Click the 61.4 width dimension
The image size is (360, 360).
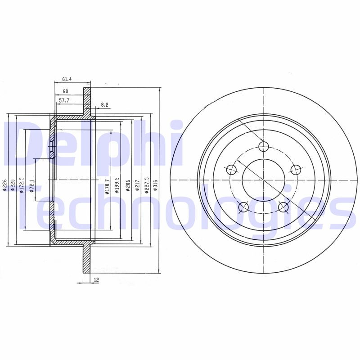[x=67, y=79]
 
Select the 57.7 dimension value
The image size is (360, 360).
[x=64, y=101]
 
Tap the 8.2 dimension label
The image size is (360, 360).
[x=104, y=105]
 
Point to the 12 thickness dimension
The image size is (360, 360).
[x=96, y=280]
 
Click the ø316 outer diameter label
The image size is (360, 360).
[x=155, y=185]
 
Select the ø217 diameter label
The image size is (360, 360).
[x=135, y=185]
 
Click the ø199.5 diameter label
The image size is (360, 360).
[x=116, y=184]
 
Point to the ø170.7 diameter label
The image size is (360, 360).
[x=106, y=185]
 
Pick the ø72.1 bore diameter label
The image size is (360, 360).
[x=31, y=185]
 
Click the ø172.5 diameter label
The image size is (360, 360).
[x=21, y=185]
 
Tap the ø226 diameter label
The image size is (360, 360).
[x=4, y=185]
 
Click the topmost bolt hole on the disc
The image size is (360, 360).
[x=264, y=146]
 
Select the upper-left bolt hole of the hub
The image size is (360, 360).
[x=231, y=170]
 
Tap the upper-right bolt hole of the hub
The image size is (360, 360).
[x=296, y=170]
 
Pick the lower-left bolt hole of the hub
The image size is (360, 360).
[x=243, y=207]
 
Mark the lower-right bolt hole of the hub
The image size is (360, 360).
[x=283, y=207]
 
